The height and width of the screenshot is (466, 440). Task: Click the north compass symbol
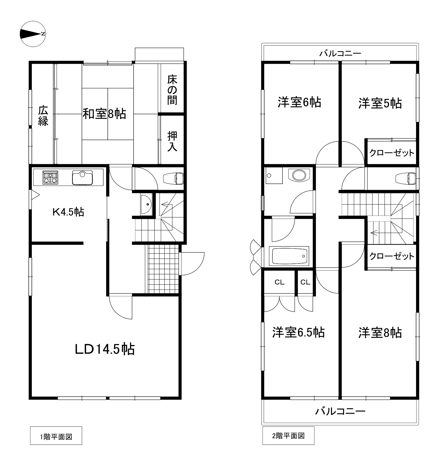click(33, 34)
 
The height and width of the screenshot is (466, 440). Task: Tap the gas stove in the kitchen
click(50, 177)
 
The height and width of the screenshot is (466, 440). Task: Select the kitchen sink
click(82, 177)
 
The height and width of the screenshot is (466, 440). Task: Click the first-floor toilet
click(173, 179)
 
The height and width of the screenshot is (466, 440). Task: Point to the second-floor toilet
click(406, 179)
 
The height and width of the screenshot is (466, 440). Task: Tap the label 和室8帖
click(104, 114)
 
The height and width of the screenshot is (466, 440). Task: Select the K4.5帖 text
click(68, 212)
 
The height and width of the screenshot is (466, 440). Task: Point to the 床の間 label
click(172, 90)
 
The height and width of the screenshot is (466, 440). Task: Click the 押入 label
click(172, 141)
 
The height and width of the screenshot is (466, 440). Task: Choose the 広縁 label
click(43, 116)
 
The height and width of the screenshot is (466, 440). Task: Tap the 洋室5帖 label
click(380, 103)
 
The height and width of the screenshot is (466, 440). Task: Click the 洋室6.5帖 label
click(299, 332)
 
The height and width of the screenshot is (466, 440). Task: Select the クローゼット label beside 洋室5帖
click(392, 153)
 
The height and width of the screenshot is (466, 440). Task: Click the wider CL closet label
click(279, 282)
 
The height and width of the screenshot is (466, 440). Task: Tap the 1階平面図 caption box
click(56, 436)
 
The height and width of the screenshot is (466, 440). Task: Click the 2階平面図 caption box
click(289, 436)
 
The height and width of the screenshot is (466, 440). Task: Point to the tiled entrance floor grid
click(163, 269)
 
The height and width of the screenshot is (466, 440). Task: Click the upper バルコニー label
click(340, 54)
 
